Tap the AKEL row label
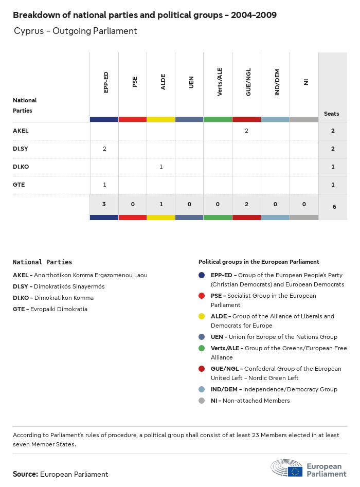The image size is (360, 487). click(21, 131)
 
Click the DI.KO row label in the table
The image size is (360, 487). click(22, 167)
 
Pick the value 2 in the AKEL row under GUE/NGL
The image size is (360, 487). click(246, 131)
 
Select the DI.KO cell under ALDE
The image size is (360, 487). click(161, 167)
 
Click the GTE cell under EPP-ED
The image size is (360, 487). click(104, 185)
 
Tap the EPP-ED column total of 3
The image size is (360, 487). click(104, 204)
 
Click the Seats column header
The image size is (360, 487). click(332, 114)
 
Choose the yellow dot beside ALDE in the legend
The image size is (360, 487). click(202, 316)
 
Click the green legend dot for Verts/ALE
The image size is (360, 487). click(202, 348)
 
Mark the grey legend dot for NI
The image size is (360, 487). click(202, 401)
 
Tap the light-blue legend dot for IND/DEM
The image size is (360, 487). click(202, 389)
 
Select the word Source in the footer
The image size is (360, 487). click(25, 474)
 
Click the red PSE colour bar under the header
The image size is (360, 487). click(133, 119)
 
